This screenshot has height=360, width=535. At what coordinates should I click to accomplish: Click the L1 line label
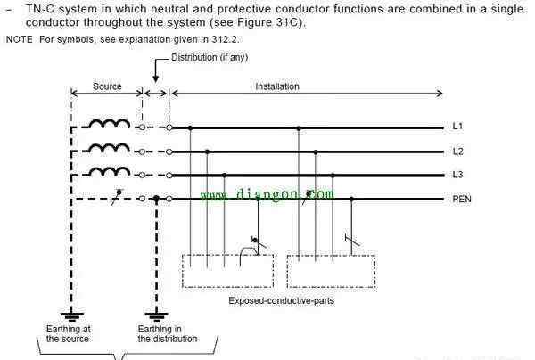point(457,127)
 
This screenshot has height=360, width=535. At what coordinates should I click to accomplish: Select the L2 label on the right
point(458,151)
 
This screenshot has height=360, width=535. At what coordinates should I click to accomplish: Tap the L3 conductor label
point(458,175)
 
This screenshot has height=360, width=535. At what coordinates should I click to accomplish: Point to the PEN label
point(462,199)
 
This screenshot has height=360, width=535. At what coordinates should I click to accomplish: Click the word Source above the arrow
point(107,86)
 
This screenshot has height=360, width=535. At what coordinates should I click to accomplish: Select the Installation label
point(277,86)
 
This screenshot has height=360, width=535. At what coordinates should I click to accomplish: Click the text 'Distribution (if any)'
point(210,58)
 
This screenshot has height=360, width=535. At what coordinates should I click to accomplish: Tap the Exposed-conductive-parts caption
point(282,300)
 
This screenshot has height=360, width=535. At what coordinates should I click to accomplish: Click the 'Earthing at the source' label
point(69,334)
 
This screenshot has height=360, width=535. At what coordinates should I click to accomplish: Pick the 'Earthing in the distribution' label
point(168,334)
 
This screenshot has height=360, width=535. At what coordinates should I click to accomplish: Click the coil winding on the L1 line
point(110,123)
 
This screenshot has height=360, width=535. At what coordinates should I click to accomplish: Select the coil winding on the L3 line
point(110,171)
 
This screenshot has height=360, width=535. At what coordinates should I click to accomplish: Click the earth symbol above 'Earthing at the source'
point(71,316)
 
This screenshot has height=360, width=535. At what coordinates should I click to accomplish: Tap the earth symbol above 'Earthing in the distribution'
point(156,316)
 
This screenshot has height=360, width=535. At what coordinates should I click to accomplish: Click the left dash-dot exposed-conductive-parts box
point(182,271)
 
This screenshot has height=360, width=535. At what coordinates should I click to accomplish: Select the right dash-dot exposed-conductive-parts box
point(287,272)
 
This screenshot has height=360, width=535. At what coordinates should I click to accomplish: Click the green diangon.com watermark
point(267,194)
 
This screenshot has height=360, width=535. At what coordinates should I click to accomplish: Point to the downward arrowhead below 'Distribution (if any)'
point(155,78)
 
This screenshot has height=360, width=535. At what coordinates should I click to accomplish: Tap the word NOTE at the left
point(19,39)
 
